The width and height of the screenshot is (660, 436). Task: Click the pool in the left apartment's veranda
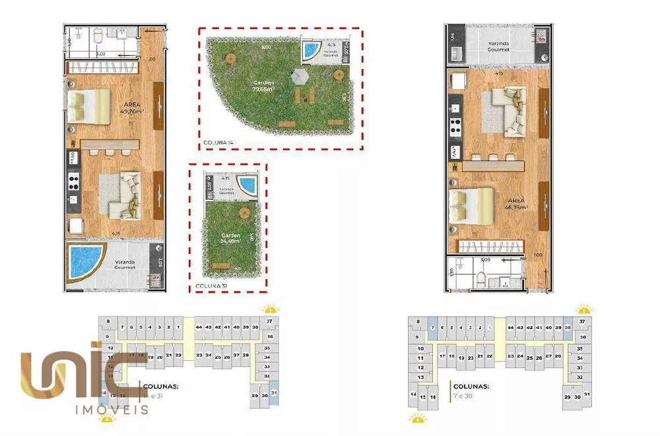[x=86, y=261]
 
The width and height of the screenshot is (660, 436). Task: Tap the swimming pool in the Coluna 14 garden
[x=310, y=50]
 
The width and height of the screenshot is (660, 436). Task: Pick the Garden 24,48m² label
[x=231, y=238]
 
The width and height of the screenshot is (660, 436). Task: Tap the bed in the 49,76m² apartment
[x=88, y=106]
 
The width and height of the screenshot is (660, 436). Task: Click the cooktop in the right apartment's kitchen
[x=455, y=123]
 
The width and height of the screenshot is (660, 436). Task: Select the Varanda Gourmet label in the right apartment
[x=498, y=47]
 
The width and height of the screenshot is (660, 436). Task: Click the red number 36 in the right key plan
[x=568, y=327]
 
